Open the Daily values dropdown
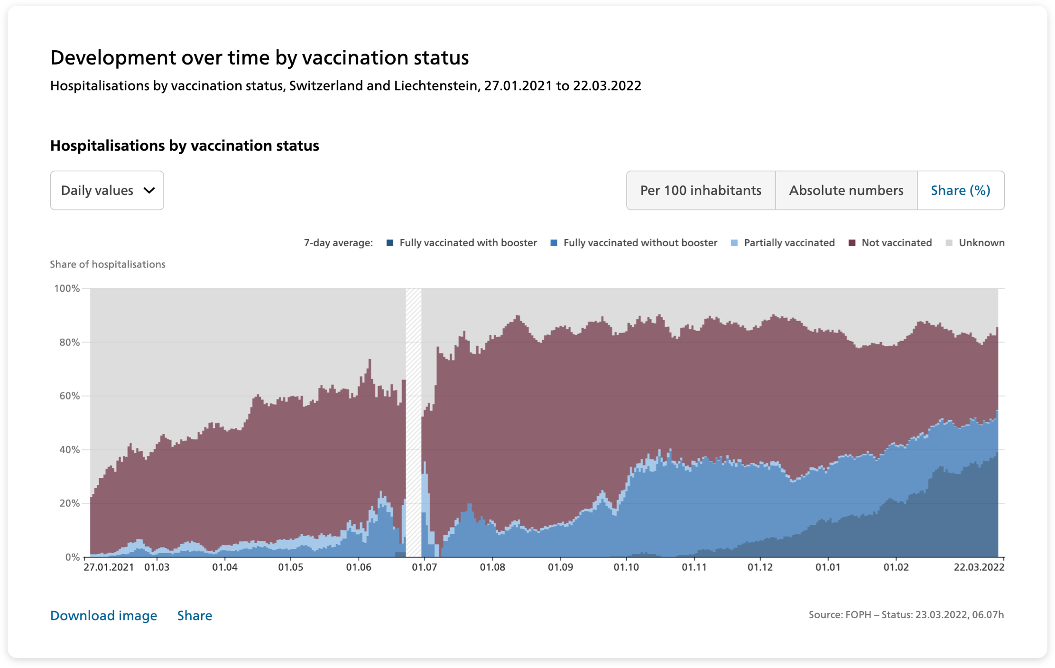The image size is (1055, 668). point(107,190)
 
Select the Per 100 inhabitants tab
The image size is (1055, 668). point(701,190)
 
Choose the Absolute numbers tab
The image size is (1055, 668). point(846,190)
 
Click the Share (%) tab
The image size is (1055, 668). point(961,190)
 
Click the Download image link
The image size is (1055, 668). point(103,615)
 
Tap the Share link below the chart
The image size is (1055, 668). point(194,615)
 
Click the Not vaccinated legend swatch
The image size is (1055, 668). point(852,243)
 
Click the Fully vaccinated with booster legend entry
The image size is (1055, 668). point(462,243)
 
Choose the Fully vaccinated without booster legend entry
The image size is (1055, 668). point(634,243)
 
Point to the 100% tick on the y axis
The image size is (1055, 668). point(67,288)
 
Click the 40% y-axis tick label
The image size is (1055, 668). point(69,450)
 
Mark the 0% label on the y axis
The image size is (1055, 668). point(72,557)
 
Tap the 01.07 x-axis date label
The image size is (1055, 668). point(424,567)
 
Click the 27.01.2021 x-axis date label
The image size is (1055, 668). point(109,567)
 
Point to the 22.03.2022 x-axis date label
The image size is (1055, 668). point(979,567)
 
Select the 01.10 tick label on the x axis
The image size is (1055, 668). point(626,567)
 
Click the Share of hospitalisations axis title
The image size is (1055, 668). point(108,264)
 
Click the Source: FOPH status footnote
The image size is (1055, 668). point(906,615)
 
